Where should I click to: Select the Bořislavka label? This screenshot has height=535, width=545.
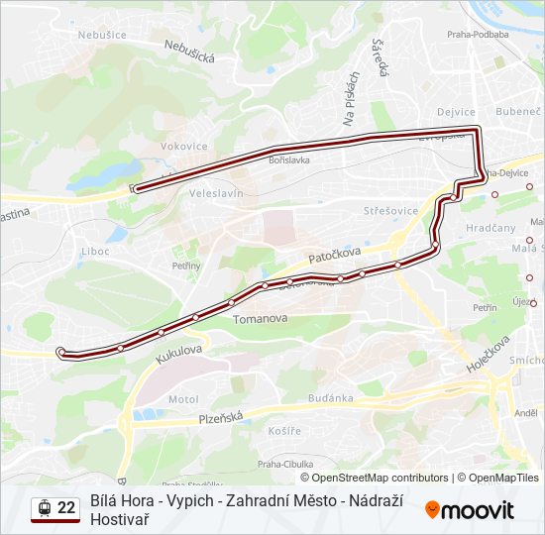point(289,160)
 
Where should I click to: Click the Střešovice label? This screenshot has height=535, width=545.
point(385,211)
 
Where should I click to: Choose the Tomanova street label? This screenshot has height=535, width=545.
point(260,319)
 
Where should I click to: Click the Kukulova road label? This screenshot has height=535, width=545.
point(178,354)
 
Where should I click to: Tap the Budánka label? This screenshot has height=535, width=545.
point(331,398)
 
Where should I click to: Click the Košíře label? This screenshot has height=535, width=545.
point(284,431)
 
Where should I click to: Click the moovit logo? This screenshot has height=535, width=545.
point(470,510)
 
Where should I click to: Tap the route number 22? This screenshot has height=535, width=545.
point(66,508)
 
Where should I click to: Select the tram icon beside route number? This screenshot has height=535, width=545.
point(44,508)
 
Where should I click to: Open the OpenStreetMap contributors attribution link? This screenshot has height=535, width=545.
point(375,478)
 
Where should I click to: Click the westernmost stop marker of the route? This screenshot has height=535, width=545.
point(61,351)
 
